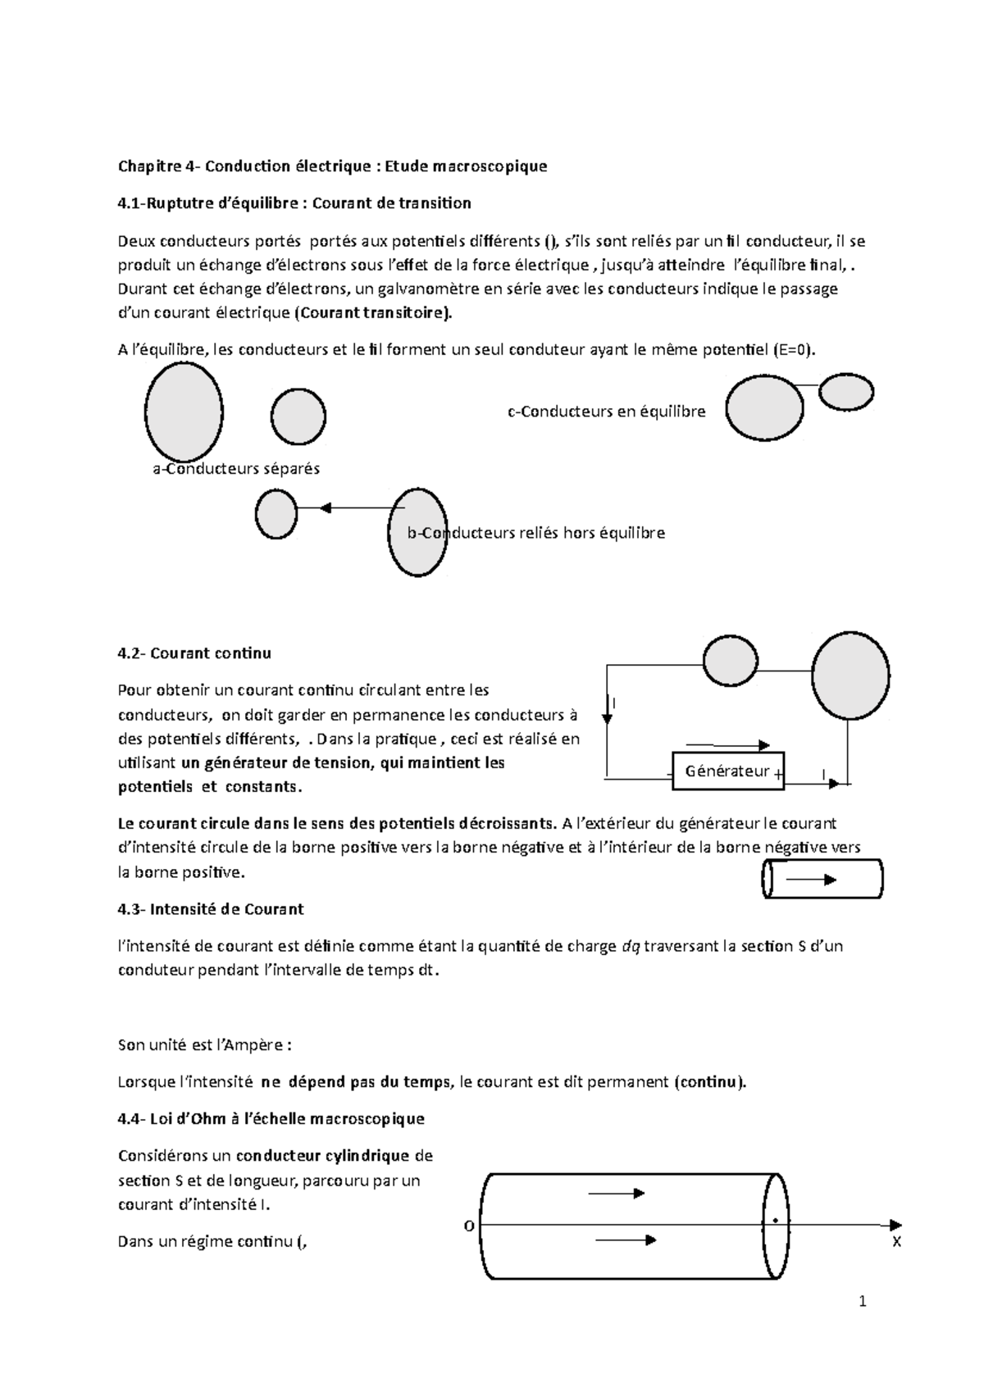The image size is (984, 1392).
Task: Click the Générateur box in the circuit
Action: click(727, 771)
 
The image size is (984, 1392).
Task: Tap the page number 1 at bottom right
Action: click(862, 1302)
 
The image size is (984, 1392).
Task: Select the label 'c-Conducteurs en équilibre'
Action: click(607, 412)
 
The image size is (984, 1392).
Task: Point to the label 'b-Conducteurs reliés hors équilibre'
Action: click(536, 533)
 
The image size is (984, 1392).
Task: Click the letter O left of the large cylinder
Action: click(469, 1226)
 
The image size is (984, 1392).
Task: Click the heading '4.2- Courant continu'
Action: click(194, 653)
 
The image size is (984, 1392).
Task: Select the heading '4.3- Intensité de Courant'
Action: click(211, 909)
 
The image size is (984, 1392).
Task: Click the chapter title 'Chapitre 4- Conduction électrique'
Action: click(332, 166)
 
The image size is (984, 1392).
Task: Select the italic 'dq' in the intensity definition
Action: click(630, 946)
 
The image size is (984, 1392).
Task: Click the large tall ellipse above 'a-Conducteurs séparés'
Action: click(184, 412)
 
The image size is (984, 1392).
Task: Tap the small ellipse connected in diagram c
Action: click(846, 392)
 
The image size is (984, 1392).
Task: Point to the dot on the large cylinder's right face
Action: click(775, 1221)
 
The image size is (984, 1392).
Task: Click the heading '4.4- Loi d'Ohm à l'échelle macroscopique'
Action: click(271, 1119)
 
